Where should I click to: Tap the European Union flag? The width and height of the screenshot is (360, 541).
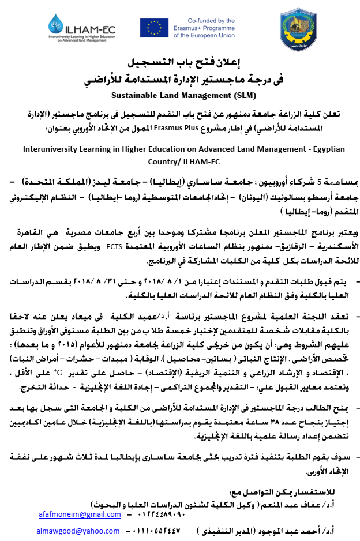pyautogui.click(x=154, y=28)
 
